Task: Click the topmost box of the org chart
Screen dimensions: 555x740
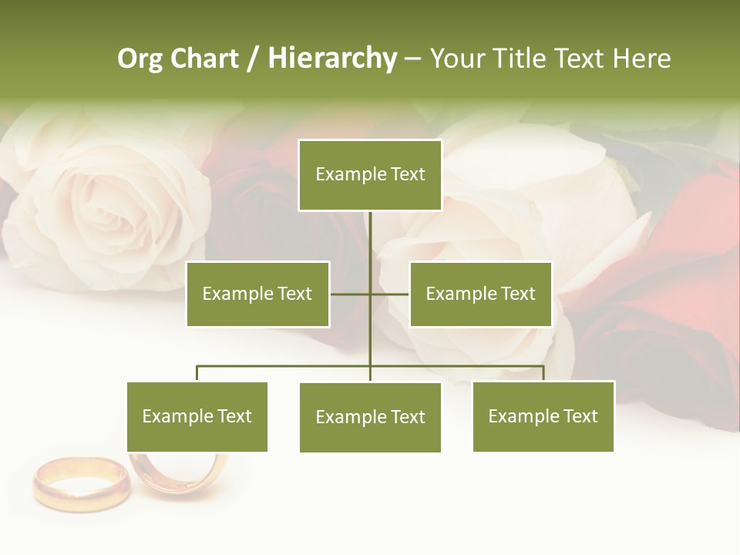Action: click(370, 175)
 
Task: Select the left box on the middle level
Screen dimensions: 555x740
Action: click(257, 294)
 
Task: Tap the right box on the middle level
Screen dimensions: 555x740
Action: click(480, 294)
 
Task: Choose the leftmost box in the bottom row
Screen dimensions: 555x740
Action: click(197, 416)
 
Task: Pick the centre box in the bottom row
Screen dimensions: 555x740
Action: click(370, 417)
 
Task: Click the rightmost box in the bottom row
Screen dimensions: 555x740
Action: click(543, 416)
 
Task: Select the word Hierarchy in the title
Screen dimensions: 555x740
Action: click(332, 59)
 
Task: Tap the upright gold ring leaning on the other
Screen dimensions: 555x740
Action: click(179, 471)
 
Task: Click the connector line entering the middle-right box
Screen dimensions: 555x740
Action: click(390, 294)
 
